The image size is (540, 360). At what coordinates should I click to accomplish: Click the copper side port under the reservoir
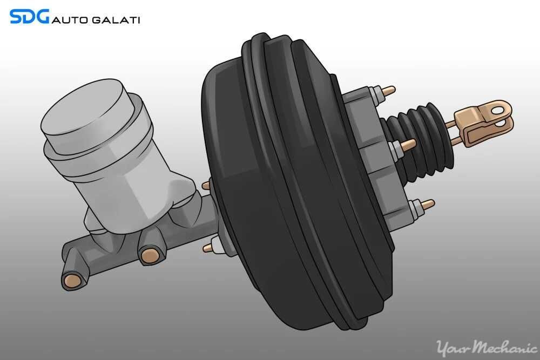tap(147, 254)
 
